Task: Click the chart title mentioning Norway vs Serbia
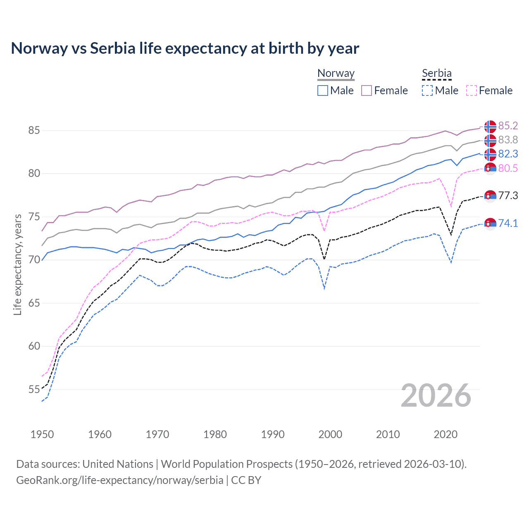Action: pos(185,48)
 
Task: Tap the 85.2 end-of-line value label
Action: pos(508,126)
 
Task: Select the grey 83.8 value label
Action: pos(508,140)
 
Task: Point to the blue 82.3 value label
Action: pos(508,154)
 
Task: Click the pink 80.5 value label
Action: pos(508,168)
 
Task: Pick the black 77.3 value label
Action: pos(508,195)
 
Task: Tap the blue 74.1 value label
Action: pos(508,223)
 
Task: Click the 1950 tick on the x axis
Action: pos(42,434)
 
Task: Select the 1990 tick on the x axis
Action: pos(273,434)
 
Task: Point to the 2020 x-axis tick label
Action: pos(446,434)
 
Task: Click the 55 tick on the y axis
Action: pos(34,389)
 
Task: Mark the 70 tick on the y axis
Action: pos(34,260)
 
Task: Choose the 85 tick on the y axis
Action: pos(34,130)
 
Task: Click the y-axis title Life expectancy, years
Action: pos(18,264)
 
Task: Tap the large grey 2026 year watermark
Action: pos(436,396)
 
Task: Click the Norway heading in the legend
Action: pos(336,73)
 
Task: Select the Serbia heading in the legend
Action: pos(437,73)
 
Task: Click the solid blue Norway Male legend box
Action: pos(323,91)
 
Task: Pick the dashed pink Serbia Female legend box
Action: pos(472,91)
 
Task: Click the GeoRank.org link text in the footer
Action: pos(120,480)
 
